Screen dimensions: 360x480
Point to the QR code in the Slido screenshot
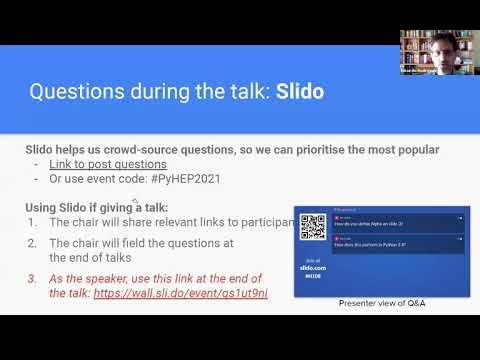click(313, 226)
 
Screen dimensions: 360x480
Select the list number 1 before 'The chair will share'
click(33, 222)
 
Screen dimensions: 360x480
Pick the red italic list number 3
click(33, 278)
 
